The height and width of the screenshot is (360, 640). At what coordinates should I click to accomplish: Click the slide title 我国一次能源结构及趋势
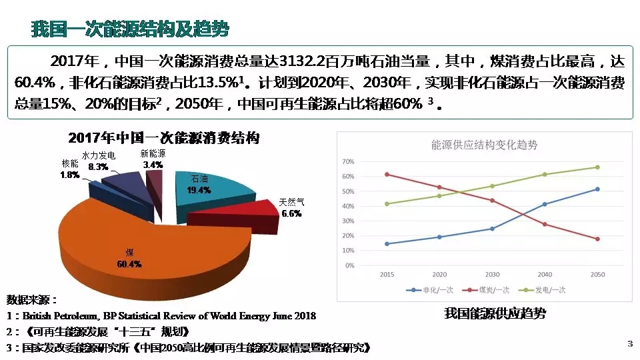click(130, 29)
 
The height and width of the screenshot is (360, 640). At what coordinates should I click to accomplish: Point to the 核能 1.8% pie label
click(70, 169)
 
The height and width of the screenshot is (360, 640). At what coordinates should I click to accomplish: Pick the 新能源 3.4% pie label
click(153, 159)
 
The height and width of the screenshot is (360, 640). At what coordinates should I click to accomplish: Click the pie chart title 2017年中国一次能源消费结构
click(163, 139)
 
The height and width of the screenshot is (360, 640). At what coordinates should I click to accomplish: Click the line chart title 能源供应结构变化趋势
click(484, 145)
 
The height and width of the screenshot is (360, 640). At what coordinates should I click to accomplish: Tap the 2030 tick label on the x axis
click(492, 274)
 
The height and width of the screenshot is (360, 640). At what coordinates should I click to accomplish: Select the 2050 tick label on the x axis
click(597, 274)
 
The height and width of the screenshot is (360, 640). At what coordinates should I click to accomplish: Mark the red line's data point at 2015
click(387, 175)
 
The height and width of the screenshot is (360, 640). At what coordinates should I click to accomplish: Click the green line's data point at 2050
click(597, 167)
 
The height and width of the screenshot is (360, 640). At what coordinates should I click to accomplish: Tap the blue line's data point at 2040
click(545, 204)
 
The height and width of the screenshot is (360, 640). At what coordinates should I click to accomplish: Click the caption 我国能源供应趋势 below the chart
click(490, 313)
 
